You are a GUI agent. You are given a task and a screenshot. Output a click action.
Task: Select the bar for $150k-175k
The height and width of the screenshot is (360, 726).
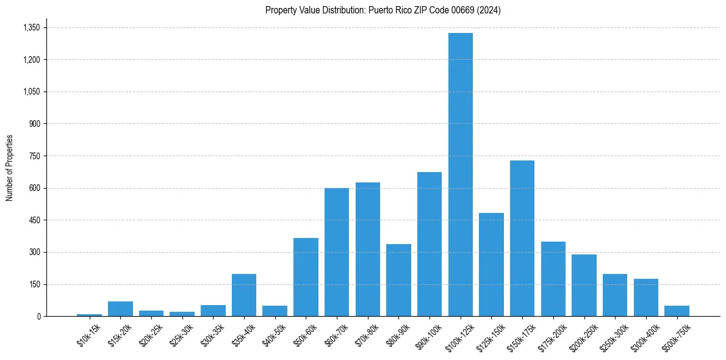coord(522,238)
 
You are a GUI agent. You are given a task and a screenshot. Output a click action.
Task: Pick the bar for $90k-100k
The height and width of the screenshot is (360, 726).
coord(429,244)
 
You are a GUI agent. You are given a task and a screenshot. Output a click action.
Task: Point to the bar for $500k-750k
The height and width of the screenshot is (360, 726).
coord(677,311)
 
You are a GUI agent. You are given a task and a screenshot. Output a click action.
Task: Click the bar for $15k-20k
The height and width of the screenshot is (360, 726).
coord(120,309)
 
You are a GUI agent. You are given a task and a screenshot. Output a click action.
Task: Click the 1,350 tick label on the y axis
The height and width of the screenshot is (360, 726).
coord(31,27)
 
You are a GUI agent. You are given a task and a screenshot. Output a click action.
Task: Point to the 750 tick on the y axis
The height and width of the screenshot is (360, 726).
coord(34,156)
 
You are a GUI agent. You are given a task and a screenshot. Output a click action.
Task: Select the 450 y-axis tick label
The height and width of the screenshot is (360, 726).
coord(34,220)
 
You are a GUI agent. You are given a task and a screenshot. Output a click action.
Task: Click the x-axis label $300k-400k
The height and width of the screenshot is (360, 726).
coord(644,335)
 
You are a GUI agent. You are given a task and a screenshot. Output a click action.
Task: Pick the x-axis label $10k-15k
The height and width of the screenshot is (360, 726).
coord(88,334)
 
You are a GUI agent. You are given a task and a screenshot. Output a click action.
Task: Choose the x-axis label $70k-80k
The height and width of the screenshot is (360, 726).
coord(365,334)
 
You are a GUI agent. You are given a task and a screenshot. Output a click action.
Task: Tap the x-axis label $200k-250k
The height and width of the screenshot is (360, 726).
coord(581,335)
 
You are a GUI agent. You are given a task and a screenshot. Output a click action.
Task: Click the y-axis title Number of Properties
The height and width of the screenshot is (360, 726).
coord(10,168)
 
